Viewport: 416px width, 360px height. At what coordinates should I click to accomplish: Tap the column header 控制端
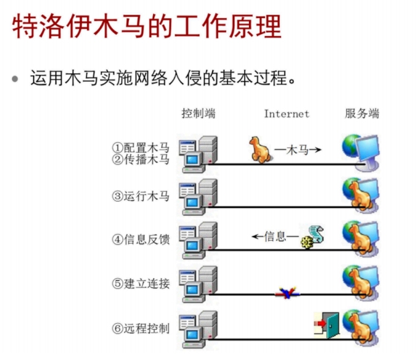199,113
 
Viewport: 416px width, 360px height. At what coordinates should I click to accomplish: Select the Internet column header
287,114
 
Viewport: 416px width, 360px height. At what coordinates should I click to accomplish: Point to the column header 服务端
362,113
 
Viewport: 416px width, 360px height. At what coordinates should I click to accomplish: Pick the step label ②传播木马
140,160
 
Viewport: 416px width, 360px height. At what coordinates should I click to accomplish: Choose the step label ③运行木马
140,196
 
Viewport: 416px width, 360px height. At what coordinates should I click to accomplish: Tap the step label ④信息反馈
140,239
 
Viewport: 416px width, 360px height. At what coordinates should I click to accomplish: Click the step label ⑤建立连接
140,283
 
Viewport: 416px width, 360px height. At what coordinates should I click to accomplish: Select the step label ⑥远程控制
140,328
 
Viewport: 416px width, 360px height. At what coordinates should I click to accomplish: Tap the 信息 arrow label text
275,236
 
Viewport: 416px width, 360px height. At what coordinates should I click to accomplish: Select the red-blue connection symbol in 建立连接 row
288,293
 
